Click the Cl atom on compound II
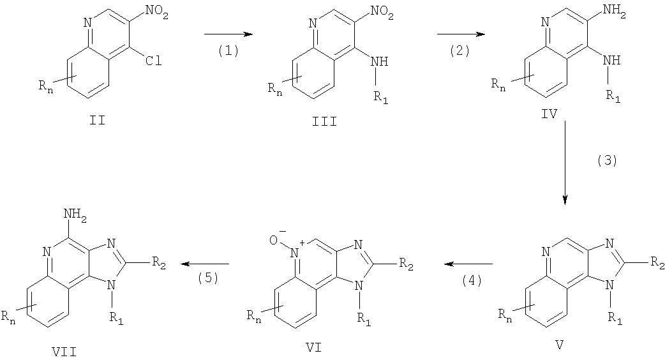154,61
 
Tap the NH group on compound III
380,61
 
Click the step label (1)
228,51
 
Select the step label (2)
460,51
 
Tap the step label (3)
607,161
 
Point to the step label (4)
472,280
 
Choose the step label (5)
208,278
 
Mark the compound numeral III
325,122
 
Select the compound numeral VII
65,351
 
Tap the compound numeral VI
313,348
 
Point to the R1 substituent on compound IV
613,96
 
